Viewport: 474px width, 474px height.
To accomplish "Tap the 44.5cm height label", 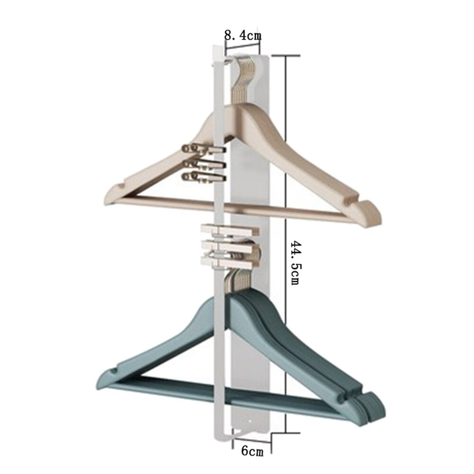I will [x=295, y=263].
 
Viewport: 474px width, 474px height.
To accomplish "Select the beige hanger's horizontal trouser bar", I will [x=237, y=207].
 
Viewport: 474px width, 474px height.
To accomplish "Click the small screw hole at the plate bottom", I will [x=250, y=420].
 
